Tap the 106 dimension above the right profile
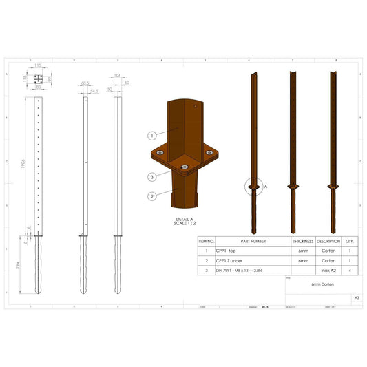[118, 76]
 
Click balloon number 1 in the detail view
[151, 135]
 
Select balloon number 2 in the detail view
[151, 196]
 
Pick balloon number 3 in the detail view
[151, 177]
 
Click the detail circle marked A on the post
[253, 187]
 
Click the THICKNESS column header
[303, 242]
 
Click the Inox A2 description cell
[328, 271]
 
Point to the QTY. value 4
[350, 271]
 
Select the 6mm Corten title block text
[322, 284]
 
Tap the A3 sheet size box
[356, 298]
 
